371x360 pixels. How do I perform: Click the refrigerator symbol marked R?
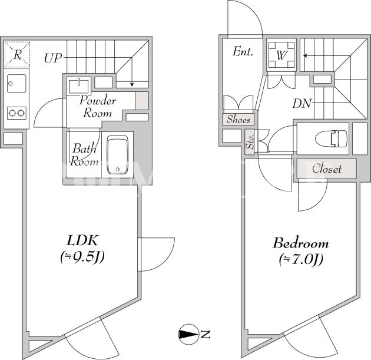[x=17, y=54]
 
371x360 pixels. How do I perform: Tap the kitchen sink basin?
[x=16, y=83]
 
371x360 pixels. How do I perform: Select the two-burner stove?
[x=16, y=113]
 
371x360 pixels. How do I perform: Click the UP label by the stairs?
[x=53, y=58]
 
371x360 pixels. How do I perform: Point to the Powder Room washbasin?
[x=78, y=85]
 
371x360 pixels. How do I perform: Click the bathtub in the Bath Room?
[x=118, y=154]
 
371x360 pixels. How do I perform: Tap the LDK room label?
[x=82, y=240]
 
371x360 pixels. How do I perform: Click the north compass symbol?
[x=188, y=334]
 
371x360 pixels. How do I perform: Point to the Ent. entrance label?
[x=243, y=51]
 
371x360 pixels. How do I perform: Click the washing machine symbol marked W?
[x=281, y=55]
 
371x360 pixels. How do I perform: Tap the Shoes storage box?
[x=238, y=119]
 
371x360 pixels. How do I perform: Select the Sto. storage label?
[x=250, y=142]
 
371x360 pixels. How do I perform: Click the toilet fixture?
[x=332, y=138]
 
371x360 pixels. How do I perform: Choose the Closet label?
[x=326, y=169]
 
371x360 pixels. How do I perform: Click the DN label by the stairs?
[x=302, y=104]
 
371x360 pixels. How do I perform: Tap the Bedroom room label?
[x=301, y=243]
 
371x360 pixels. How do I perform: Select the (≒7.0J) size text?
[x=301, y=260]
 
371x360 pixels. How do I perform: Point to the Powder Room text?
[x=98, y=107]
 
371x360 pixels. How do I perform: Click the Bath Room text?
[x=84, y=155]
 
